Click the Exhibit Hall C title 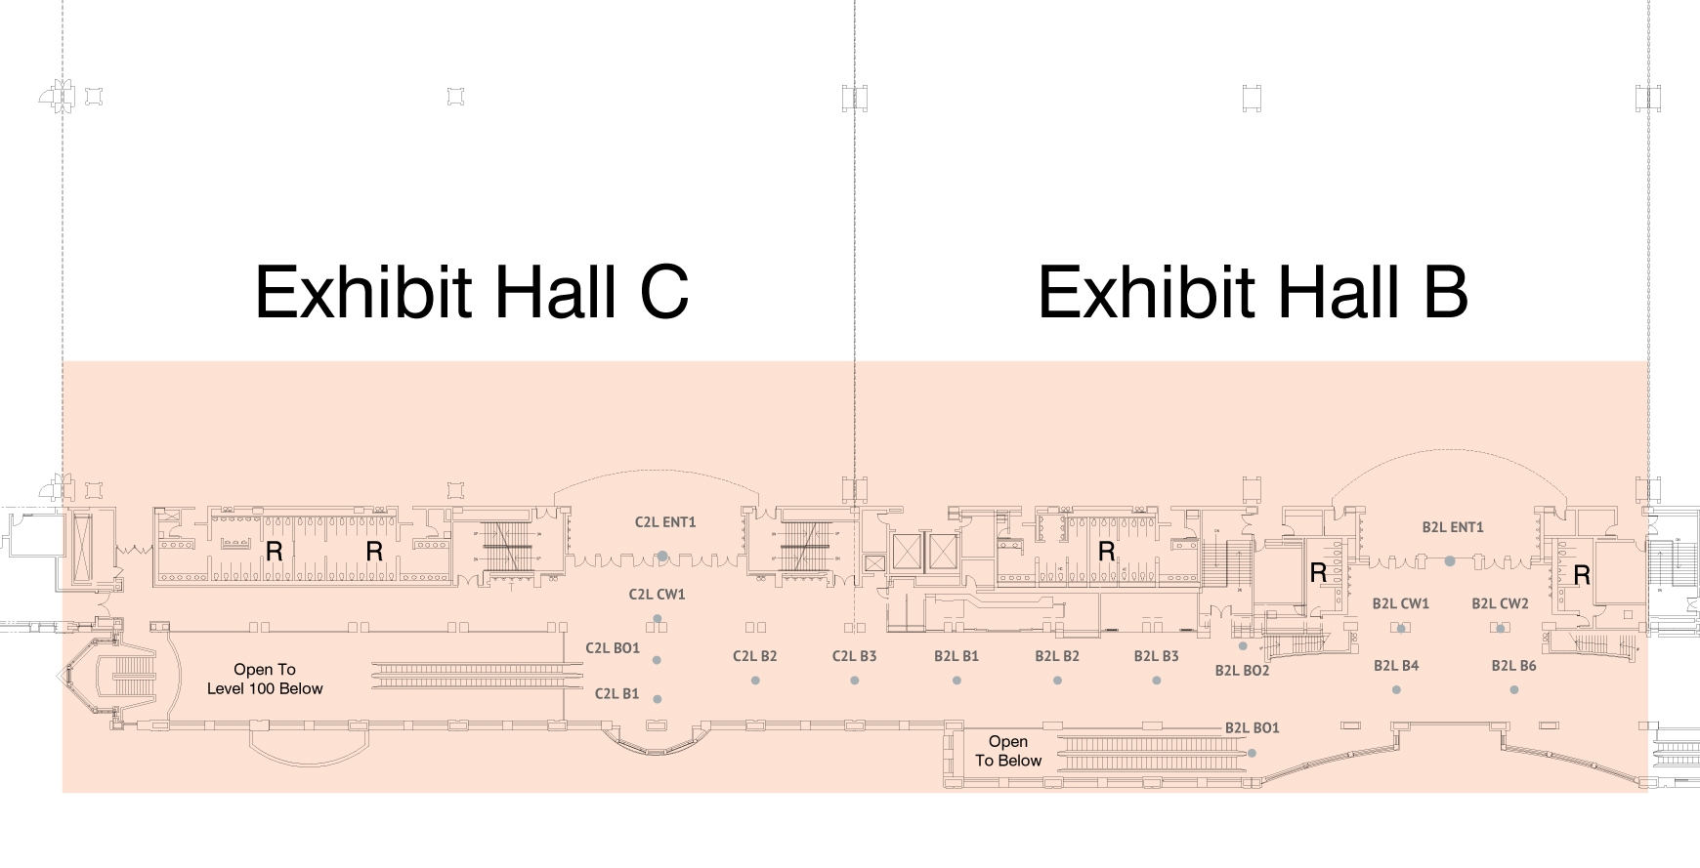pyautogui.click(x=472, y=291)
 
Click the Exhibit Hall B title pyautogui.click(x=1253, y=291)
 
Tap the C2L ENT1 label pyautogui.click(x=665, y=522)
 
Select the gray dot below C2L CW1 pyautogui.click(x=658, y=619)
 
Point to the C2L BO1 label pyautogui.click(x=613, y=648)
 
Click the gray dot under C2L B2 pyautogui.click(x=755, y=681)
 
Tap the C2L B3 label pyautogui.click(x=854, y=656)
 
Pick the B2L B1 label pyautogui.click(x=956, y=656)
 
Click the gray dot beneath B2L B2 pyautogui.click(x=1057, y=681)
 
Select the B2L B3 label pyautogui.click(x=1156, y=656)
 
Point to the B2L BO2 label pyautogui.click(x=1242, y=671)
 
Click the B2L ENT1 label pyautogui.click(x=1453, y=527)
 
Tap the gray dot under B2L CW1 pyautogui.click(x=1401, y=629)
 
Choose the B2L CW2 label pyautogui.click(x=1500, y=603)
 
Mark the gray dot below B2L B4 pyautogui.click(x=1396, y=690)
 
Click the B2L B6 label pyautogui.click(x=1513, y=666)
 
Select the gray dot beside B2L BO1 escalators pyautogui.click(x=1252, y=753)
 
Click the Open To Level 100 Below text pyautogui.click(x=265, y=679)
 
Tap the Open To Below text pyautogui.click(x=1008, y=751)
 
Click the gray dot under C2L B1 pyautogui.click(x=658, y=699)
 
